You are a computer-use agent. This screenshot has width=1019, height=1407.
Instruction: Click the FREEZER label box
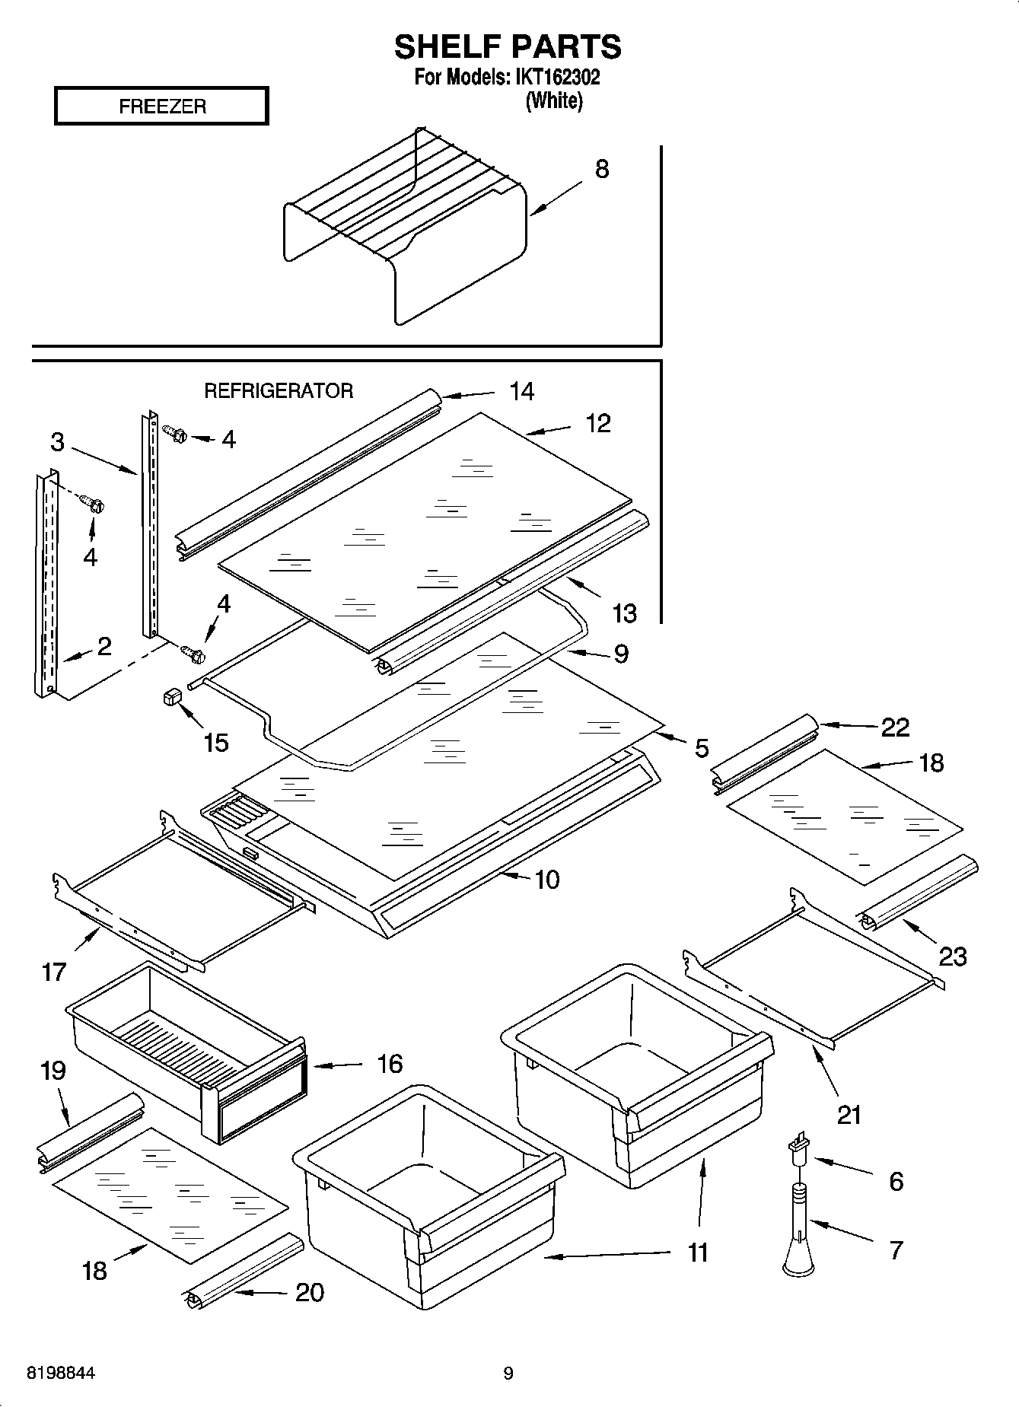click(x=161, y=106)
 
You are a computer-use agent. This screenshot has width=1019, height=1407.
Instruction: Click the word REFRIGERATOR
click(x=279, y=391)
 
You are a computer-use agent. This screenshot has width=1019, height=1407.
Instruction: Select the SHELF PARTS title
click(x=508, y=47)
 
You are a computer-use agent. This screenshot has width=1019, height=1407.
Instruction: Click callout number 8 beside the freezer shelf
click(x=601, y=169)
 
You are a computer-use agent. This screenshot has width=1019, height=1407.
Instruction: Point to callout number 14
click(x=521, y=391)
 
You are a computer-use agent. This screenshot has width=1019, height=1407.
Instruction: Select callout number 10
click(x=547, y=880)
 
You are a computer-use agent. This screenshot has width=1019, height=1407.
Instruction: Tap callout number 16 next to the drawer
click(x=390, y=1063)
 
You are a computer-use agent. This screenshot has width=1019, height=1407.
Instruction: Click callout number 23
click(x=952, y=956)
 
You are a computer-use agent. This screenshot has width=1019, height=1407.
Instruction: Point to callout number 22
click(x=895, y=727)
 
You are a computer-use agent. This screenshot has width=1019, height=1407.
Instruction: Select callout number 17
click(x=54, y=972)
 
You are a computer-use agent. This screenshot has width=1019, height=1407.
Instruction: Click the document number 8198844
click(x=61, y=1374)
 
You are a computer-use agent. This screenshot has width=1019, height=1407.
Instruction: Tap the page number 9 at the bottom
click(x=508, y=1374)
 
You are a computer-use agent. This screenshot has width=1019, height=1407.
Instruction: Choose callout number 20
click(x=309, y=1292)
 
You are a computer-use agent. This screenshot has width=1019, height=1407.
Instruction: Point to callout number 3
click(x=58, y=441)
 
